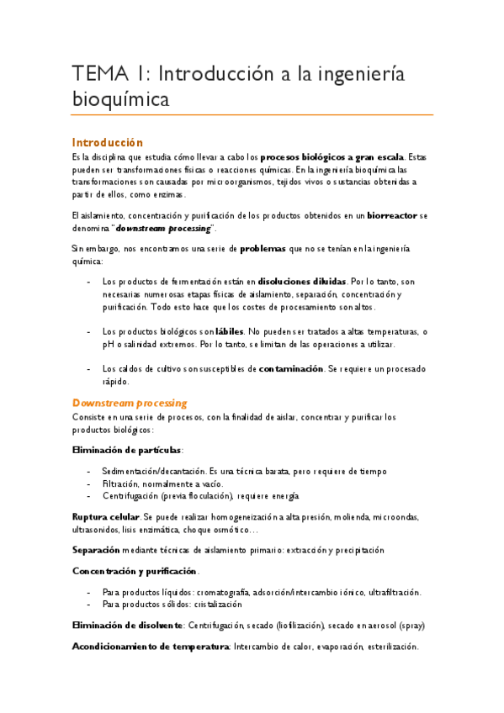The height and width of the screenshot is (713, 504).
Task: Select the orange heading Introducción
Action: (x=107, y=142)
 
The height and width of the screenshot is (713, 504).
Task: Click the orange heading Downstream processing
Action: (x=129, y=403)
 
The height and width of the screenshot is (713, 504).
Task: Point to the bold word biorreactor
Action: (x=392, y=216)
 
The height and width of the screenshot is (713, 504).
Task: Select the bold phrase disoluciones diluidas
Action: (x=302, y=282)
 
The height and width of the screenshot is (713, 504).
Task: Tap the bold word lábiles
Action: (x=231, y=332)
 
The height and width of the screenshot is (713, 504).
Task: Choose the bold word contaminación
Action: (x=291, y=369)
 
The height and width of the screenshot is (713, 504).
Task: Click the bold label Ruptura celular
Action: (x=106, y=515)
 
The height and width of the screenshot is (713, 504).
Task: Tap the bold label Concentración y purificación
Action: (x=134, y=571)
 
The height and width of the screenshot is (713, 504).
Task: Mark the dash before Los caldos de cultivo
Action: (x=89, y=369)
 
